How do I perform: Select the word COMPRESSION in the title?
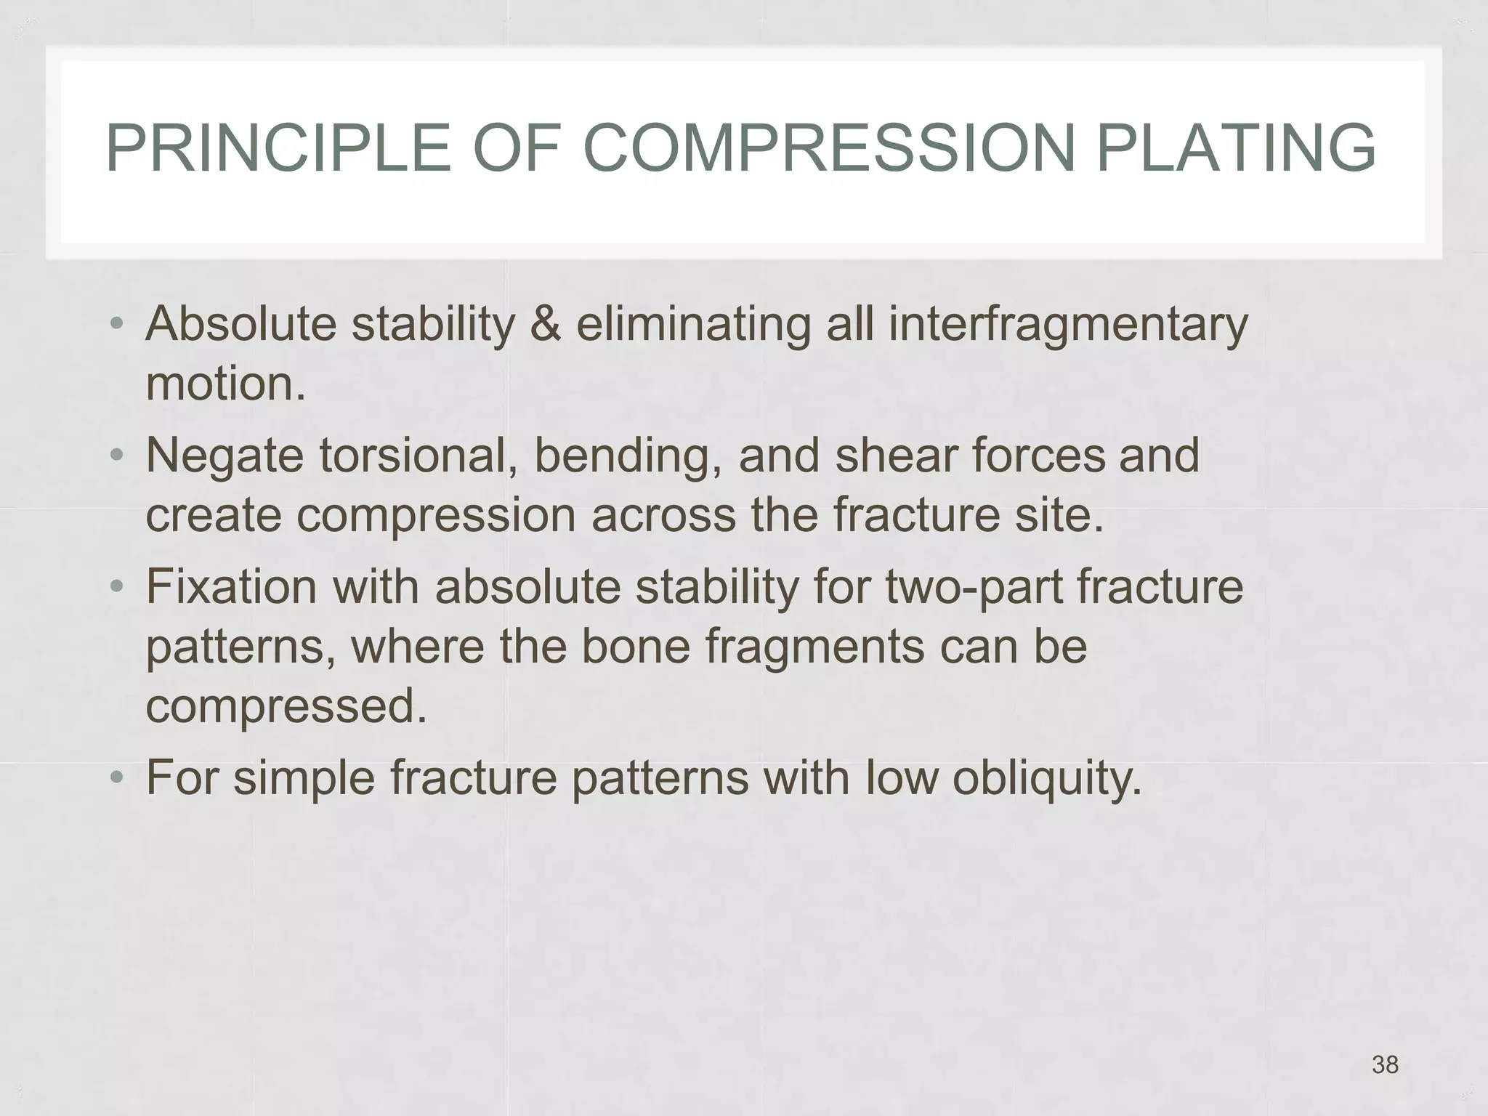829,149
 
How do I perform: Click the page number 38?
1385,1064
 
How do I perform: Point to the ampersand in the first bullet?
545,324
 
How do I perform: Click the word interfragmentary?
1067,324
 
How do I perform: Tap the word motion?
224,384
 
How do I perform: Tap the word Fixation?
231,587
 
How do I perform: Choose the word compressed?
286,705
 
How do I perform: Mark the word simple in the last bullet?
304,778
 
